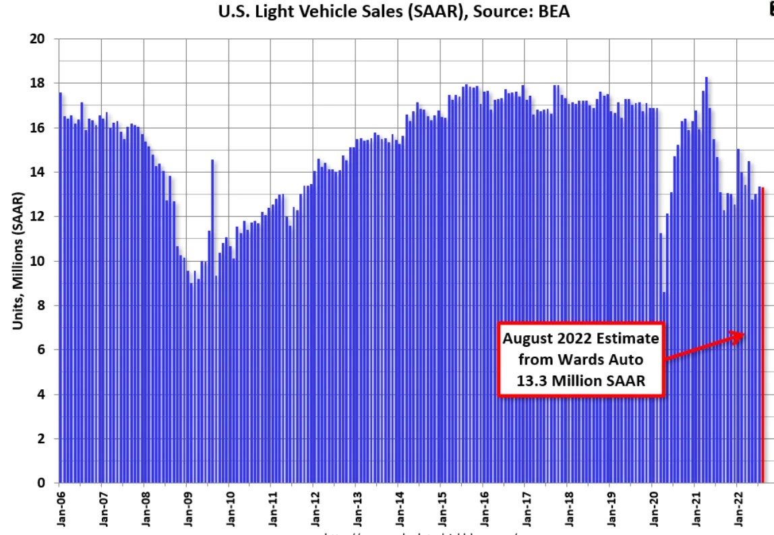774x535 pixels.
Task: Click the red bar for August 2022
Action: (763, 337)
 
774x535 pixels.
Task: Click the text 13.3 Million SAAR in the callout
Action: (582, 379)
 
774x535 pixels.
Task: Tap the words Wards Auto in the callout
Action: (582, 358)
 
